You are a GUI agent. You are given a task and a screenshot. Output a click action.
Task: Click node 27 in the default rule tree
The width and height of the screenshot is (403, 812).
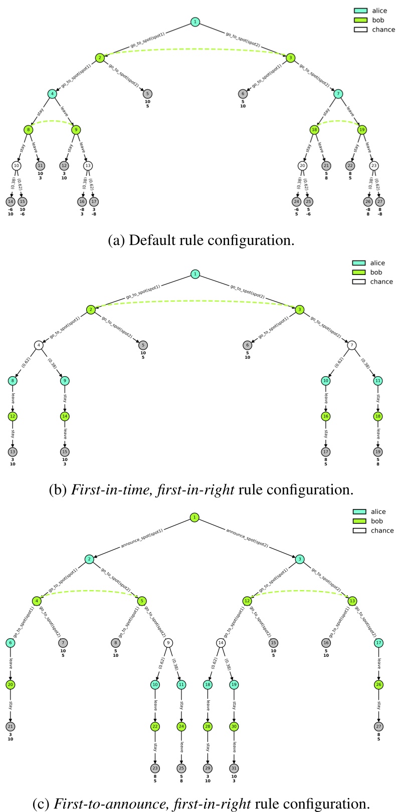tap(380, 202)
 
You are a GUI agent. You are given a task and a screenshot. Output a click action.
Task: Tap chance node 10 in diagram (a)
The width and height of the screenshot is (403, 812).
tap(17, 166)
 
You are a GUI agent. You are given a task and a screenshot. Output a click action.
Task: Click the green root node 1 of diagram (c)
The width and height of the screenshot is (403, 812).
tap(194, 517)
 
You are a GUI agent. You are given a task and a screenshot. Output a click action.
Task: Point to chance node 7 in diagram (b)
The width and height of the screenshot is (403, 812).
tap(352, 345)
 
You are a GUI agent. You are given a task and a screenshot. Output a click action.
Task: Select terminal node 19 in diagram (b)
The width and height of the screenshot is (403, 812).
tap(377, 452)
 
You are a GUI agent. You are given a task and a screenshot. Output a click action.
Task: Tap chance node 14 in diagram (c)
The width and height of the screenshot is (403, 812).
tap(221, 643)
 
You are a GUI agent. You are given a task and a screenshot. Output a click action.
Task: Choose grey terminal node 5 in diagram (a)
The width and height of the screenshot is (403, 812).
tap(147, 94)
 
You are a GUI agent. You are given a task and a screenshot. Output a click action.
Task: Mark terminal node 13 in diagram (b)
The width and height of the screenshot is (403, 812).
tap(12, 452)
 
